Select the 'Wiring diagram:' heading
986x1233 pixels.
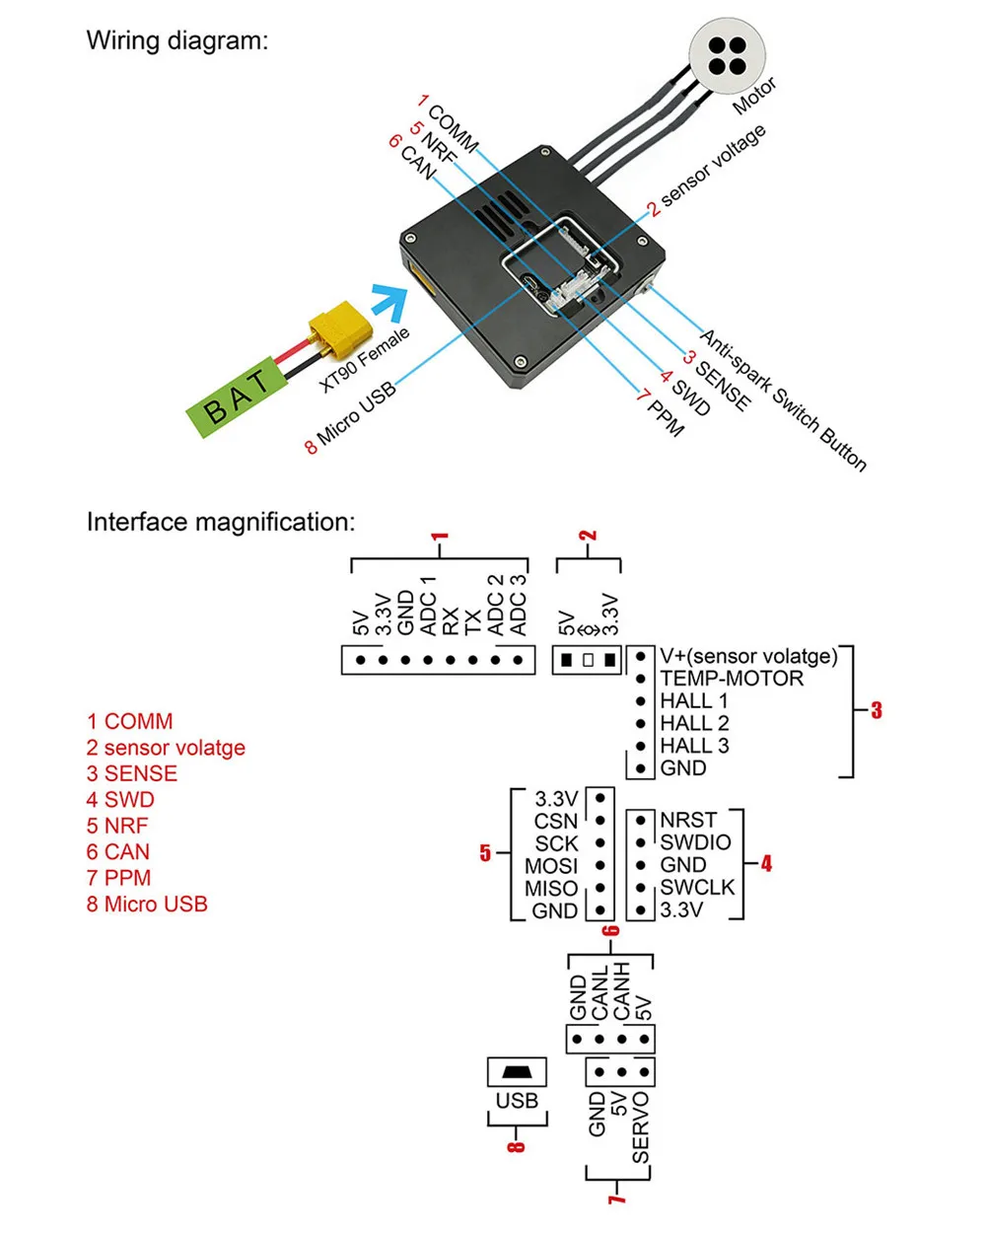176,41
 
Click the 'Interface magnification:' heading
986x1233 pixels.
220,522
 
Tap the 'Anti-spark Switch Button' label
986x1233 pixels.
783,399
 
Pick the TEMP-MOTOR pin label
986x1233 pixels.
731,679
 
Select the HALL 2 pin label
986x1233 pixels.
694,723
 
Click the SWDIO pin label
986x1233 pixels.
695,842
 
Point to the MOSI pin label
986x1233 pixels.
551,866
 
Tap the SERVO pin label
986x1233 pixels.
641,1127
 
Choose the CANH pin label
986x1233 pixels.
621,991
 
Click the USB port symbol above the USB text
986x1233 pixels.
517,1072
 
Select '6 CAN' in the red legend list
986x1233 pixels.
117,852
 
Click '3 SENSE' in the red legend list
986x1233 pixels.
131,774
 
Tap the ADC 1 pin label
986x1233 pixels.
428,606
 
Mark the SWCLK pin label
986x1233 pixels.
697,888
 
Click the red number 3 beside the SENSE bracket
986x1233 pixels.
877,710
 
